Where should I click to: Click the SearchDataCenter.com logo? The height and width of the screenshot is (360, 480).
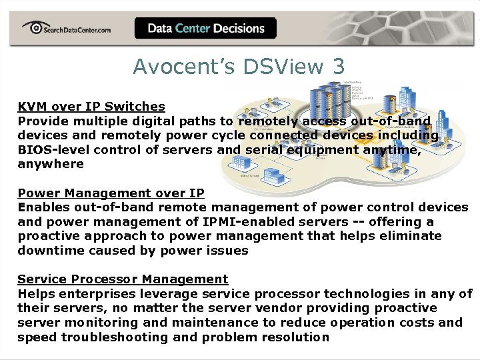point(66,28)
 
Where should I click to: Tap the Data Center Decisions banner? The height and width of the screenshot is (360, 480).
point(205,28)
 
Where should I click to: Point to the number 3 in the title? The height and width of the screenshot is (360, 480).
point(339,67)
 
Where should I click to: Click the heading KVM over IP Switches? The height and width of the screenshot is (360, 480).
point(91,106)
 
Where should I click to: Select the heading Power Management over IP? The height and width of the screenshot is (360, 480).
point(111,193)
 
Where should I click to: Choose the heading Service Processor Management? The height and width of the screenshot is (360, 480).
point(123,279)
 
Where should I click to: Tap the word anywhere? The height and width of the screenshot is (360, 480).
point(51,164)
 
